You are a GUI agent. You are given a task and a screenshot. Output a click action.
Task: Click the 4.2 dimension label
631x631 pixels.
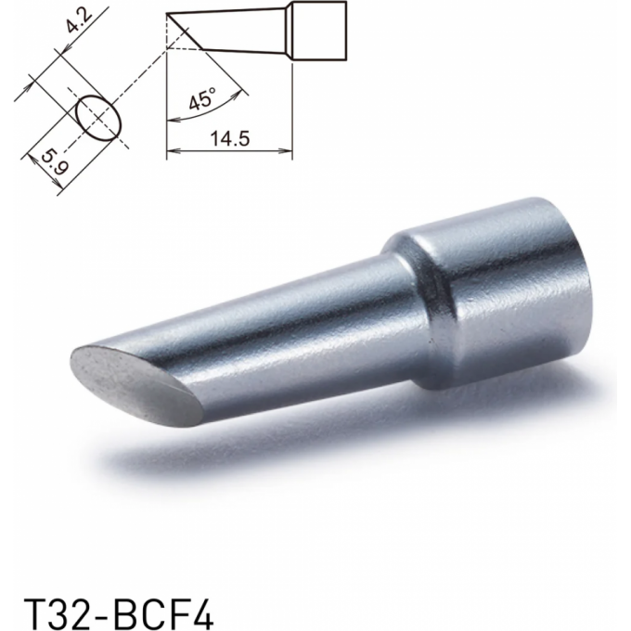[79, 23]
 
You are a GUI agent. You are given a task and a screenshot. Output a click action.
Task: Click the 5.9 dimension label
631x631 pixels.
[55, 161]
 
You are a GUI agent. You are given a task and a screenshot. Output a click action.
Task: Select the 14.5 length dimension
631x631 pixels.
[230, 138]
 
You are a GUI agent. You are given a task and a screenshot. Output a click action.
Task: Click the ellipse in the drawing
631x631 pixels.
[98, 118]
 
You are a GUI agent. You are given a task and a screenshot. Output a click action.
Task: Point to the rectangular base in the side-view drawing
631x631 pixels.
[318, 32]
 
